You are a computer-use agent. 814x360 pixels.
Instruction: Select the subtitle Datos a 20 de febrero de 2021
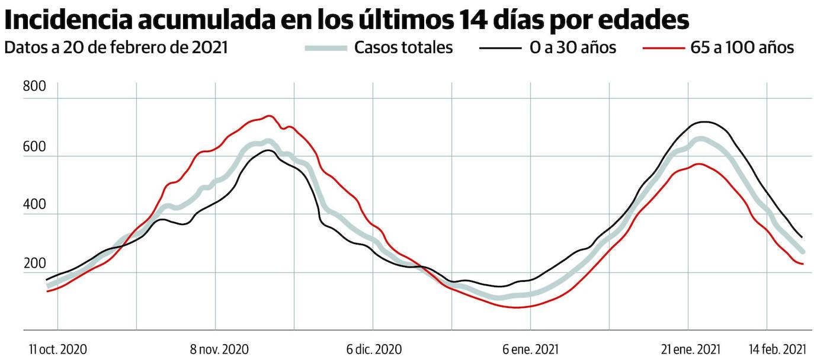[x=116, y=48]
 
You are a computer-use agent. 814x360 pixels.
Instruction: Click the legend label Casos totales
[x=403, y=48]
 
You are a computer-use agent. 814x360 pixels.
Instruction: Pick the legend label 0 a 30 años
[x=573, y=48]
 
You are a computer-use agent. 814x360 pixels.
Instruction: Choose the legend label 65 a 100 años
[x=742, y=48]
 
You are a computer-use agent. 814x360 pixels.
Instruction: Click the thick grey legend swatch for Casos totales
[x=325, y=48]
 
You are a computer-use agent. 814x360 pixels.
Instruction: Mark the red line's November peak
[x=270, y=116]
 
